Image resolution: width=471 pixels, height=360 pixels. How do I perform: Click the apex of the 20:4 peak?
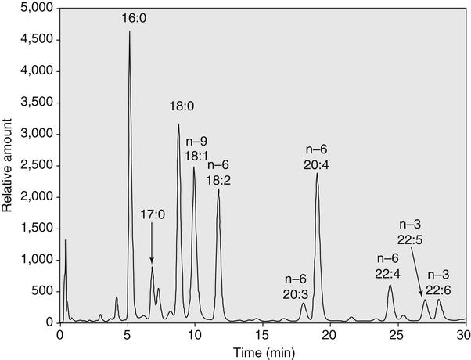click(317, 173)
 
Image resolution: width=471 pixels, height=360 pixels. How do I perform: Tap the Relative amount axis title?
click(9, 164)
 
